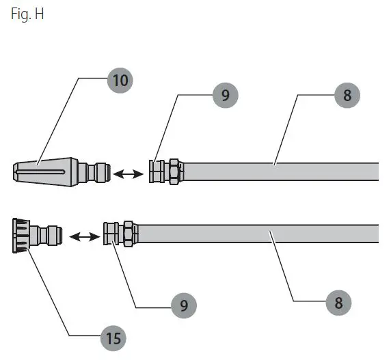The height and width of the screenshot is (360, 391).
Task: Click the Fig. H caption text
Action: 27,14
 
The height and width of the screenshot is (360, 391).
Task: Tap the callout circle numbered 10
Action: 120,81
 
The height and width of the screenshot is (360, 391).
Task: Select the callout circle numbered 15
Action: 113,338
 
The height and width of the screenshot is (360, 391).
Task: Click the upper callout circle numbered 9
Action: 226,95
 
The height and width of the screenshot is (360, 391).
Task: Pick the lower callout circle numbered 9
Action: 184,305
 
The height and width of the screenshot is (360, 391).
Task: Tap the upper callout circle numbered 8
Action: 347,95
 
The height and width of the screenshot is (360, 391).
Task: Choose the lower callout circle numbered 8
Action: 338,303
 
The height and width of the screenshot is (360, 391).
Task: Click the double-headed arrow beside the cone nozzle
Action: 129,174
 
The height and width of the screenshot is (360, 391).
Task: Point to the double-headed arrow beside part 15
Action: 85,236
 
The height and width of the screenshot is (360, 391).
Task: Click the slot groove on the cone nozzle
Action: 40,171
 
